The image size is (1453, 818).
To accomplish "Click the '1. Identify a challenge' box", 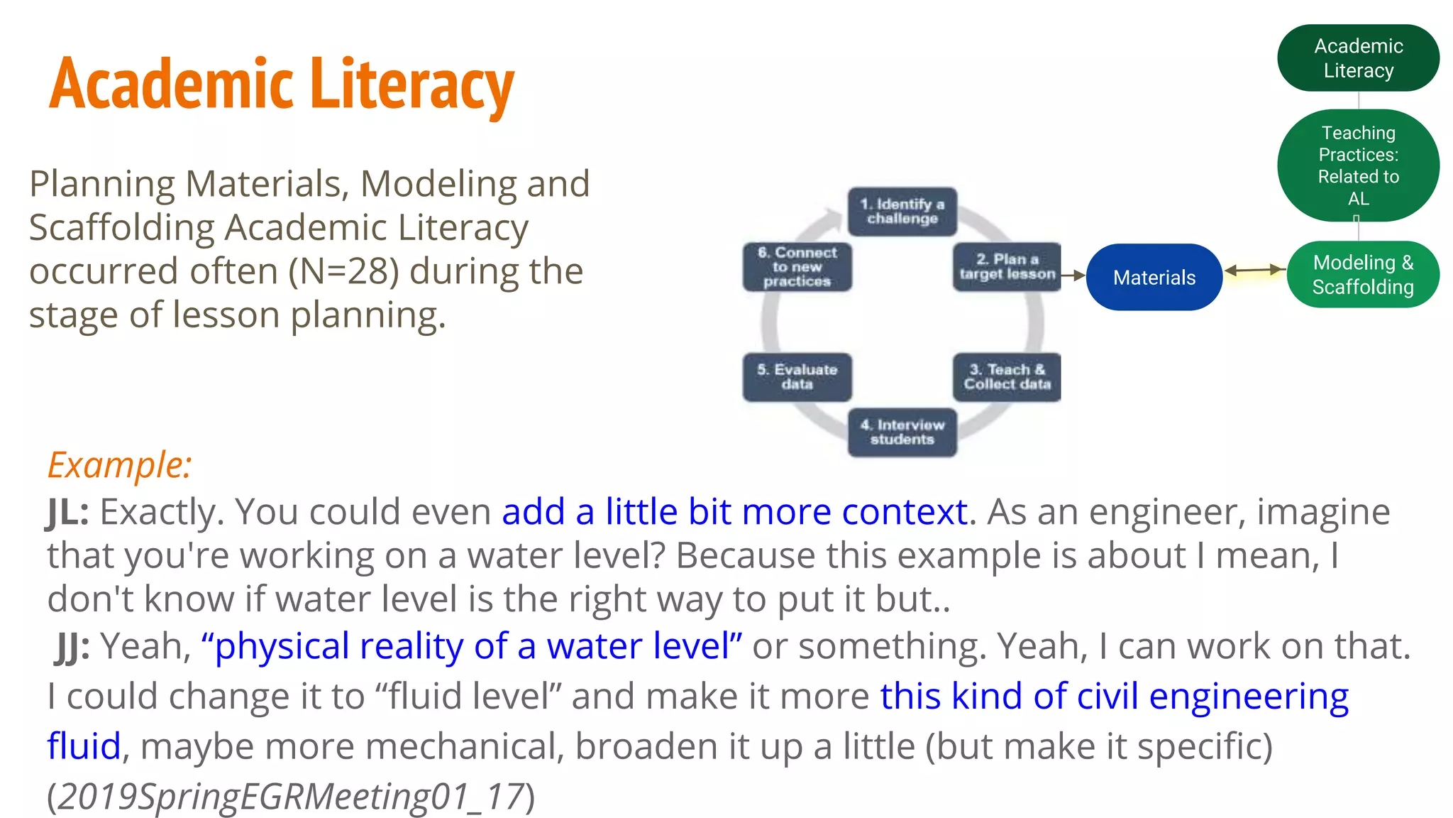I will pos(902,212).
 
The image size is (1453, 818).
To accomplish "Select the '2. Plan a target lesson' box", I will pos(1007,267).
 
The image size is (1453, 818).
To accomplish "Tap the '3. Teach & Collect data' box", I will pos(1007,377).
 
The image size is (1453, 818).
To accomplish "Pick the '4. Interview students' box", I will pos(902,432).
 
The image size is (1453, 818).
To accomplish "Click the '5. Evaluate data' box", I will pos(797,377).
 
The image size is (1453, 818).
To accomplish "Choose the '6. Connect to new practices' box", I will pos(797,267).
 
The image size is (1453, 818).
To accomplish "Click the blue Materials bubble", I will pos(1154,277).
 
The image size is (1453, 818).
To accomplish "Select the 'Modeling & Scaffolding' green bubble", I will pos(1362,275).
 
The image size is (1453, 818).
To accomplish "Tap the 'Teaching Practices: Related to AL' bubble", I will pos(1358,165).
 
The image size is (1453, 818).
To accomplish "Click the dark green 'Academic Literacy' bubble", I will pos(1358,58).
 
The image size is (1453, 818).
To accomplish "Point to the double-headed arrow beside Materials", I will pos(1254,271).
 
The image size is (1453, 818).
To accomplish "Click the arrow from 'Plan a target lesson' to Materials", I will pos(1073,276).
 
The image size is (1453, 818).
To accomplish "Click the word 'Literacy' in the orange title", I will pos(412,85).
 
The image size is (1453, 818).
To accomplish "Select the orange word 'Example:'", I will pos(119,465).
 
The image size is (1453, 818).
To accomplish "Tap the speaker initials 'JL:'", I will pos(68,512).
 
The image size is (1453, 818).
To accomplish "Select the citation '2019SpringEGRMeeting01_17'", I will pos(290,797).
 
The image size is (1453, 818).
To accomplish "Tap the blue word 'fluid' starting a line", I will pos(84,746).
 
